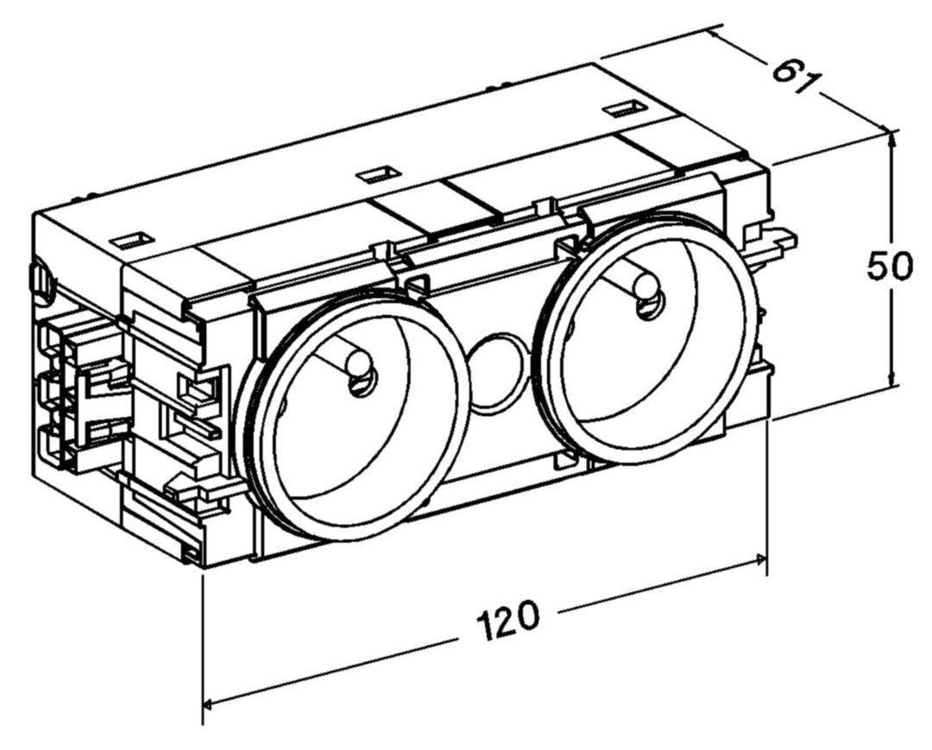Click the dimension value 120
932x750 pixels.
point(508,621)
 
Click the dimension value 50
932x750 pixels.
point(889,267)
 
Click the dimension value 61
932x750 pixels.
point(795,72)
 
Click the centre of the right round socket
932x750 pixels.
point(647,337)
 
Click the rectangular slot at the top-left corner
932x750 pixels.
point(133,241)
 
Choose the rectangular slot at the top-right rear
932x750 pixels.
point(624,109)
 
